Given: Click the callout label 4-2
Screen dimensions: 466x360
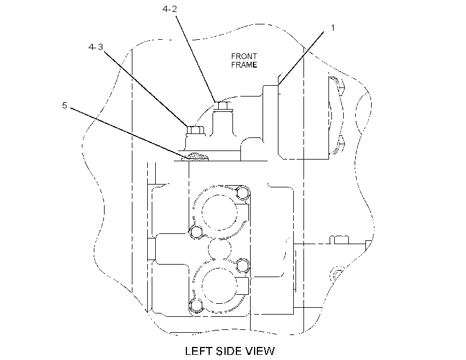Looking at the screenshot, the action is (169, 9).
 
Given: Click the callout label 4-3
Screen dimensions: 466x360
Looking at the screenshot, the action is (95, 47).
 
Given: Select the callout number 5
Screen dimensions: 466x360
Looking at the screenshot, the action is (64, 106).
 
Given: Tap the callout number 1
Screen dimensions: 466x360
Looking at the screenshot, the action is (333, 28).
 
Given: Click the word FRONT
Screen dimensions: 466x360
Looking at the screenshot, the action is (244, 56).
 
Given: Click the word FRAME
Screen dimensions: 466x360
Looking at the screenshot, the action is (244, 65).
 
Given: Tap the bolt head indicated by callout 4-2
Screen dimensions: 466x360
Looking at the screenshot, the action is (222, 106).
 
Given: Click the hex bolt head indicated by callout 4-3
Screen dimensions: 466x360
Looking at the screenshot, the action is (195, 130).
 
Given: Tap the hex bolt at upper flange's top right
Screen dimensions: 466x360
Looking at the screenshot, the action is (243, 193).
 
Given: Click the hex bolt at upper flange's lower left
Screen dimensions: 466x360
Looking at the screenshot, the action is (196, 232).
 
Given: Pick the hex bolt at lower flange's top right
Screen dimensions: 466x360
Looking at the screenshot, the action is (243, 265).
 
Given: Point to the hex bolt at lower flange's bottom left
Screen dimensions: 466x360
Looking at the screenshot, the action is (196, 306).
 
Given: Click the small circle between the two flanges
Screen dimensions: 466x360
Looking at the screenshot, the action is (219, 249).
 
